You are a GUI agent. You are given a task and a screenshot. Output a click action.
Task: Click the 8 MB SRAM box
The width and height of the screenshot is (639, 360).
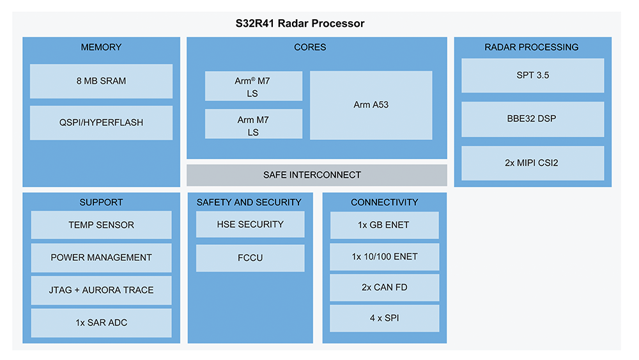[101, 81]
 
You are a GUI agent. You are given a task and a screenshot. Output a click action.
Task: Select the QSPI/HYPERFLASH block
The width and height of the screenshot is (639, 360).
[101, 123]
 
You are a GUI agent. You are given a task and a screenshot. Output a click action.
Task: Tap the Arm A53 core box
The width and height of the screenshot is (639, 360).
[371, 106]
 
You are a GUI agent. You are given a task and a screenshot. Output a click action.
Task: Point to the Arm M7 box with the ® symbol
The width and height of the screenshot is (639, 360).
[254, 86]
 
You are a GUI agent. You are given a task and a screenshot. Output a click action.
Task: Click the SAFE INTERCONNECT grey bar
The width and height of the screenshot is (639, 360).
[317, 175]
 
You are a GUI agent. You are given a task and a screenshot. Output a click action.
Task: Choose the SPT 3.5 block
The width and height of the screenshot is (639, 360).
[533, 75]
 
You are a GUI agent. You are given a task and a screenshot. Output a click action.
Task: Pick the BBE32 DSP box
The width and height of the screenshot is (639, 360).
[533, 119]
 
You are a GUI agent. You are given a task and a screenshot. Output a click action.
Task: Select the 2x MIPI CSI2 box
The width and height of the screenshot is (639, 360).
[533, 163]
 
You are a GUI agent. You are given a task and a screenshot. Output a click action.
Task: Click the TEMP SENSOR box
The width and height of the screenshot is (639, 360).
[101, 224]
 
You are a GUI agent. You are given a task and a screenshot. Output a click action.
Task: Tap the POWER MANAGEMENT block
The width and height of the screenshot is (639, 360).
[101, 258]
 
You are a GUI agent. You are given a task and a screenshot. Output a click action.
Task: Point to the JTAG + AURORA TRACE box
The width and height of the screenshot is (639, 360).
[101, 290]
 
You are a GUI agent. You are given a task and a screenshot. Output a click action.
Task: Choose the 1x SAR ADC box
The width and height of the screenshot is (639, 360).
[101, 323]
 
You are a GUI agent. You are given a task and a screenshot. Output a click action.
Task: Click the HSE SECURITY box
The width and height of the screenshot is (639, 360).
[250, 224]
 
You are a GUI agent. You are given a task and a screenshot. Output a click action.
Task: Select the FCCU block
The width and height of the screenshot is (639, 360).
[250, 258]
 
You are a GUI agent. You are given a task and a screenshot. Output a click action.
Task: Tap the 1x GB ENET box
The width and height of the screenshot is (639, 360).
[384, 225]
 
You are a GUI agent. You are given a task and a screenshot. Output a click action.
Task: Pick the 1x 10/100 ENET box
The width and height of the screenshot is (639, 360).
[384, 257]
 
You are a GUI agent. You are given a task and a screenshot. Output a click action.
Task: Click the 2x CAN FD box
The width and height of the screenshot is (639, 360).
[384, 288]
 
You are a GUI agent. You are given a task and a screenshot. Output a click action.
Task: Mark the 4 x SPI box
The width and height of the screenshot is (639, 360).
[384, 318]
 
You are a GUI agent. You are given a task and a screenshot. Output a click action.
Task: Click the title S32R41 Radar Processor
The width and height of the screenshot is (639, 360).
[300, 23]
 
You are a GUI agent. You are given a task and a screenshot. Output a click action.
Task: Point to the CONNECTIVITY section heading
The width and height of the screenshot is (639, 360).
[384, 202]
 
